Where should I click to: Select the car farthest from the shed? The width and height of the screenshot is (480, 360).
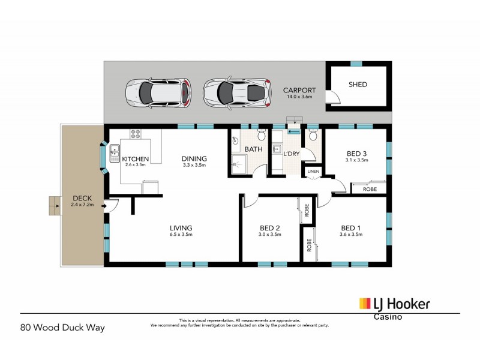[158, 92]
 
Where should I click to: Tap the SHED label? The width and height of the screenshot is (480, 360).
[358, 85]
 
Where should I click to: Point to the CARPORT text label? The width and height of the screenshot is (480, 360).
[299, 91]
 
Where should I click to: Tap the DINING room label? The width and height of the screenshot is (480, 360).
[194, 159]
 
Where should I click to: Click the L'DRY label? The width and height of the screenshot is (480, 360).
[291, 154]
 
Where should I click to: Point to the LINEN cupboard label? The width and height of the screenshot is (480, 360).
[313, 172]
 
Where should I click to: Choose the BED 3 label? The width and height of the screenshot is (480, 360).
[356, 154]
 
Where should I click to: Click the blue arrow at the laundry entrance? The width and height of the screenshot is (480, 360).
[294, 131]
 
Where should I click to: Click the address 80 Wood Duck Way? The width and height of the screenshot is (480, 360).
[62, 328]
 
